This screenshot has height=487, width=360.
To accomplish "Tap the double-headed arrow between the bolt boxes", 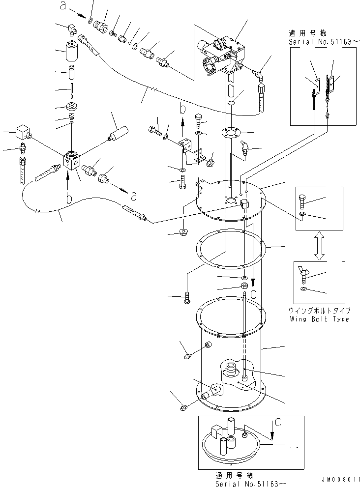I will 319,247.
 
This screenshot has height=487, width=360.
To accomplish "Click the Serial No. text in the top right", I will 320,43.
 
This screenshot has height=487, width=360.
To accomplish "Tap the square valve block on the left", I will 72,161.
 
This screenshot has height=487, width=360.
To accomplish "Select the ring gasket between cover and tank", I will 230,249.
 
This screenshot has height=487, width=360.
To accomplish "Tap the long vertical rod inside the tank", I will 244,324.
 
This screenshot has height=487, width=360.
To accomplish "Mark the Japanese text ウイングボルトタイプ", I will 319,311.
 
